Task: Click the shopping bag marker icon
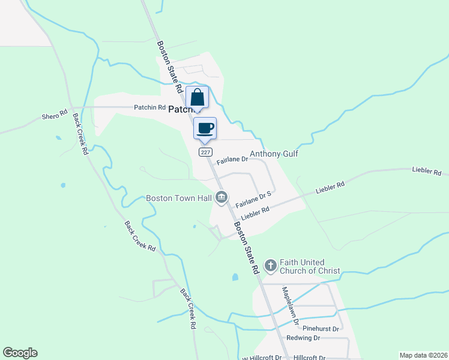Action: coord(197,98)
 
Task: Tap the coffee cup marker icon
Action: coord(205,128)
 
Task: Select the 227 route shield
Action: coord(205,153)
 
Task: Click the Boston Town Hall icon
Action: coord(221,197)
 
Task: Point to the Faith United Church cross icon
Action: coord(270,265)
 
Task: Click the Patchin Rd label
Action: coord(149,107)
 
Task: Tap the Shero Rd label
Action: coord(53,116)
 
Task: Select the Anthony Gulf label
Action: coord(274,154)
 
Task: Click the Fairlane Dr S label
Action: coord(253,199)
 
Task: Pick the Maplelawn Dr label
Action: coord(290,306)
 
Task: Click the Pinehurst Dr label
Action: coord(321,329)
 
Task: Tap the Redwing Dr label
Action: coord(316,338)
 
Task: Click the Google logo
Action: coord(20,353)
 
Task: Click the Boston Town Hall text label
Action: coord(179,198)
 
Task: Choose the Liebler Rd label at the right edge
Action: coord(427,171)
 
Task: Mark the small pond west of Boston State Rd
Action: coord(235,277)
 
